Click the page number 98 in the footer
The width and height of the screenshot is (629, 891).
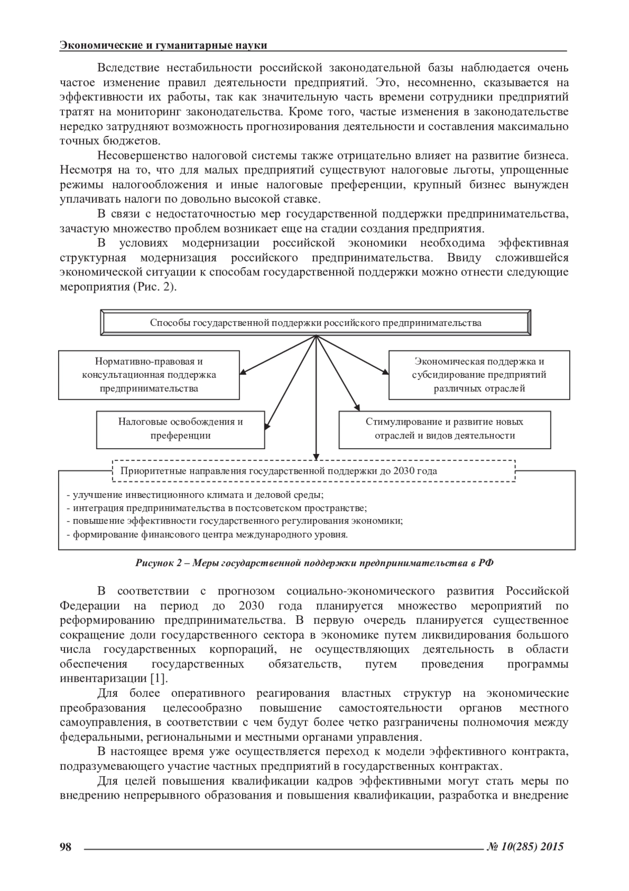pyautogui.click(x=66, y=846)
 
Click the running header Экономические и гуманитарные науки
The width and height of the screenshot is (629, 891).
pyautogui.click(x=164, y=46)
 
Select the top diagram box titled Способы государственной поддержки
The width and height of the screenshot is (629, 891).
pyautogui.click(x=316, y=323)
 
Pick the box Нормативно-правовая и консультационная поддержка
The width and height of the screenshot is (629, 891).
pyautogui.click(x=149, y=375)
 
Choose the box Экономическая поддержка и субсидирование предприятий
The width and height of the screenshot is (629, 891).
pyautogui.click(x=479, y=375)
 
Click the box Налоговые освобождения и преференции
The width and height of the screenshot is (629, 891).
pyautogui.click(x=180, y=429)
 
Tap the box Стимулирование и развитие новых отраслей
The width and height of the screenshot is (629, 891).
pyautogui.click(x=444, y=429)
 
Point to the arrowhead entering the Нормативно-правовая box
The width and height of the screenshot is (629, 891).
pyautogui.click(x=243, y=373)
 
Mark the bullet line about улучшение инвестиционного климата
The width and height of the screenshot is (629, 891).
pyautogui.click(x=195, y=494)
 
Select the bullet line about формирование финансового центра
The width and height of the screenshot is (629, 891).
pyautogui.click(x=208, y=535)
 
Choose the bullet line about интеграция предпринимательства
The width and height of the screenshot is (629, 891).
pyautogui.click(x=217, y=508)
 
